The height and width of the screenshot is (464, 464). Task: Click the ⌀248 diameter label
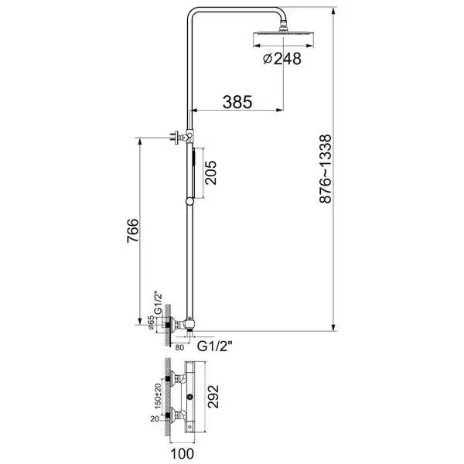tap(282, 59)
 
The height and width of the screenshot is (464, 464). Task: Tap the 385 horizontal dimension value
tap(237, 102)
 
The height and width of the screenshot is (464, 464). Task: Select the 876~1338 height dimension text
tap(326, 169)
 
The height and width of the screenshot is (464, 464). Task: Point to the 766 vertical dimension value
tap(132, 230)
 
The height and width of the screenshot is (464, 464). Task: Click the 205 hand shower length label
tap(210, 172)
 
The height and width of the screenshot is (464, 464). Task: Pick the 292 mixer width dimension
tap(213, 397)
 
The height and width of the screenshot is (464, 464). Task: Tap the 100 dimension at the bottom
tap(182, 454)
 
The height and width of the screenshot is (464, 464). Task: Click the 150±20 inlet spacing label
tap(158, 396)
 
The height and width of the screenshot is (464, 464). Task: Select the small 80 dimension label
tap(179, 347)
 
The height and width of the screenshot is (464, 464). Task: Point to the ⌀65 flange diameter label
tap(150, 322)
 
